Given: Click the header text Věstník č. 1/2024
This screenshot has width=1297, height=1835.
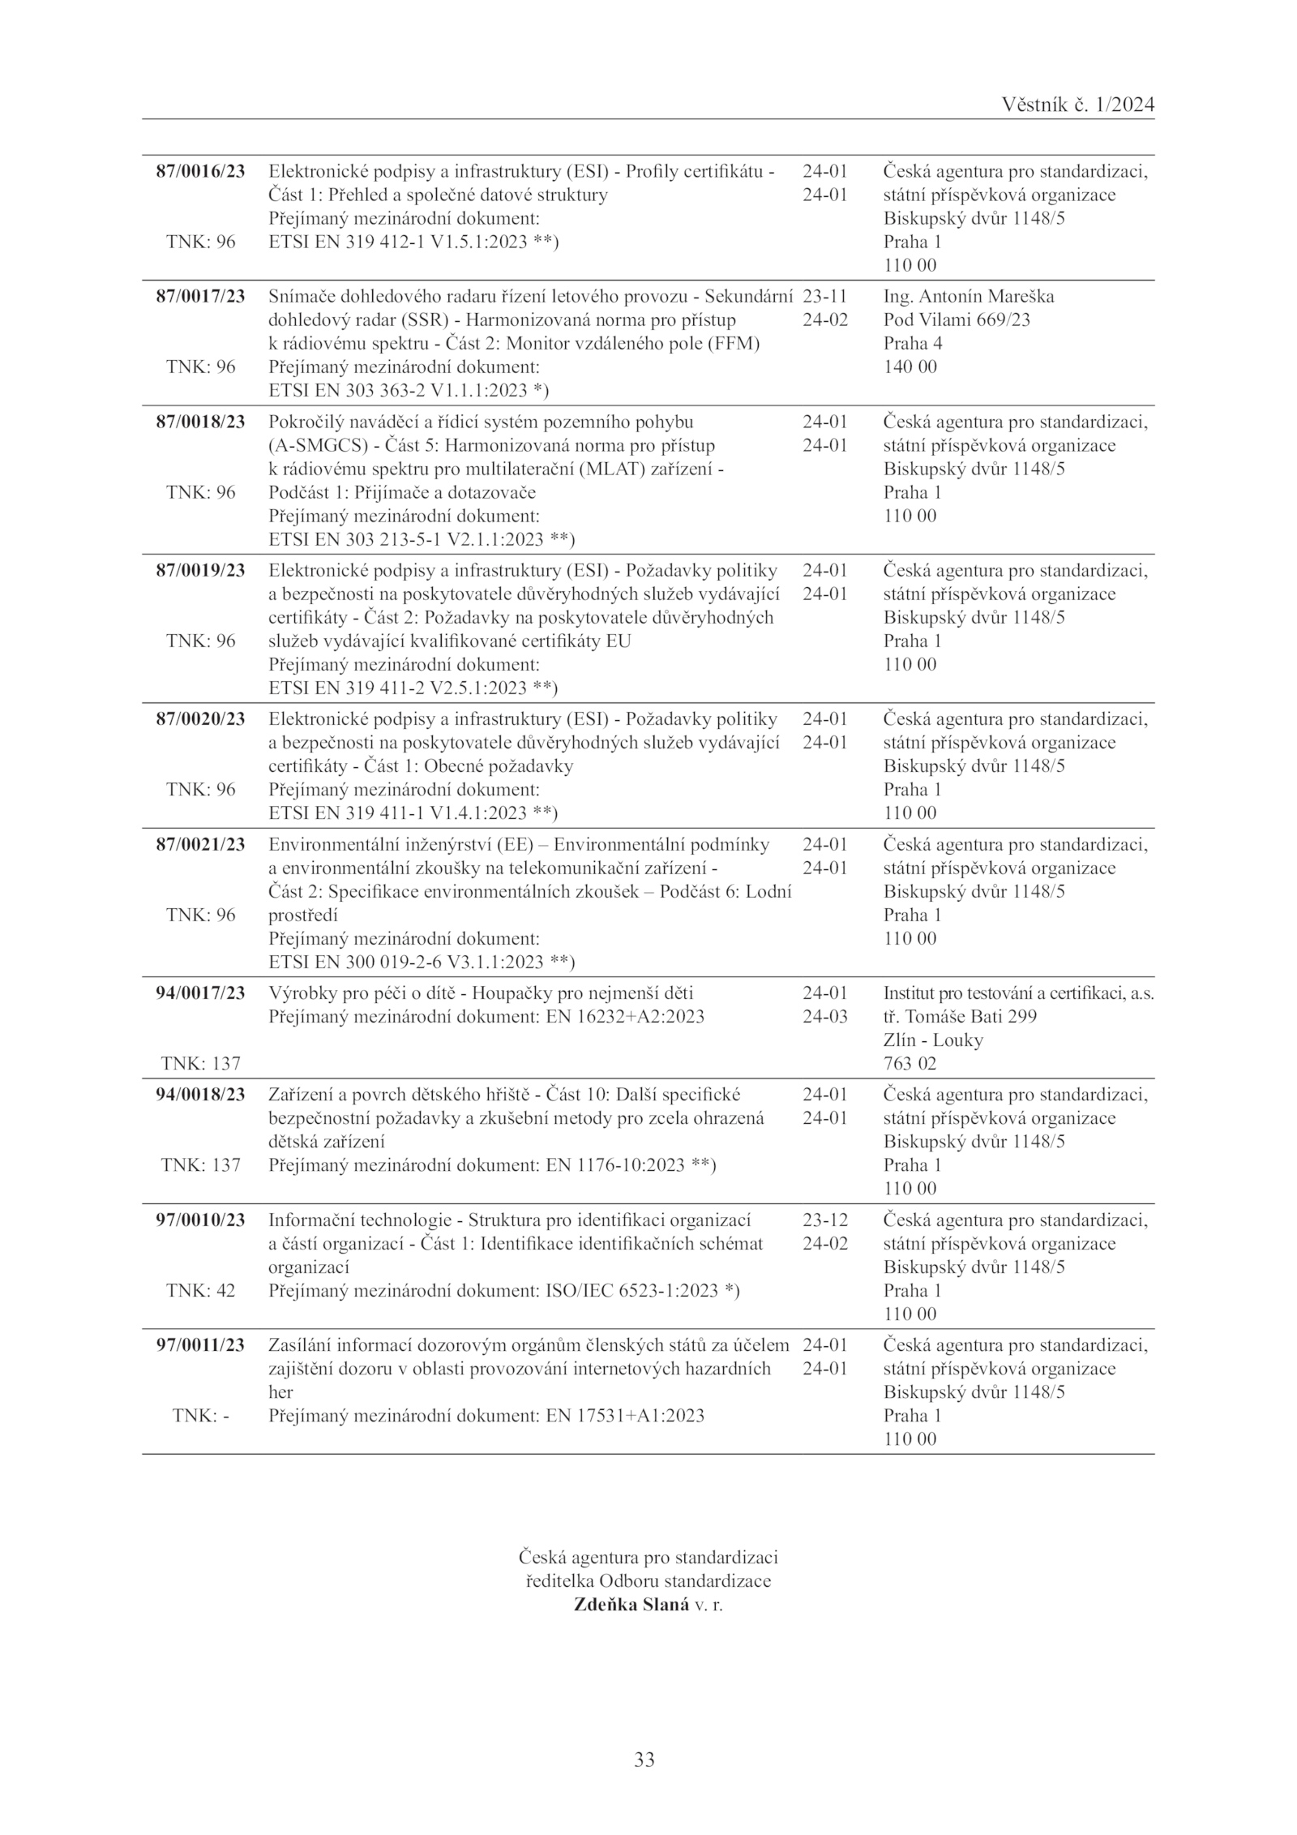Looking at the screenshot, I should coord(1077,105).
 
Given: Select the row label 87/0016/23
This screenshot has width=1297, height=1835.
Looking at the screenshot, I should coord(200,171).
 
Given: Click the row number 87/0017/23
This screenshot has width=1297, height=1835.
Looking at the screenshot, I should coord(200,296).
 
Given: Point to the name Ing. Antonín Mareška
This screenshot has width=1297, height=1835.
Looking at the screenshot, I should coord(969,296).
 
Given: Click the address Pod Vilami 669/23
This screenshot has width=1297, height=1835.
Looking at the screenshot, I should coord(957,319).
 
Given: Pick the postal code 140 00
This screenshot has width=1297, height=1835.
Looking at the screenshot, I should coord(910,367).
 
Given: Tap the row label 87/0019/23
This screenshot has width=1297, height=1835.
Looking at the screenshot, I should coord(200,570).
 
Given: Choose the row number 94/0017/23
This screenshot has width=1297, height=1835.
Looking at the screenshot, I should coord(200,993).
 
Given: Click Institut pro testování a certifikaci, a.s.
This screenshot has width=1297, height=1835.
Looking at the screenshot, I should coord(1018,993).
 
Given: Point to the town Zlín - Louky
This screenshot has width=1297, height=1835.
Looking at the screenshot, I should coord(933,1040).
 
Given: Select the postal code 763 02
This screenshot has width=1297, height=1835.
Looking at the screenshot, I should coord(910,1064).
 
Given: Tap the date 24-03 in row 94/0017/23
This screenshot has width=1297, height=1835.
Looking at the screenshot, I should coord(824,1017).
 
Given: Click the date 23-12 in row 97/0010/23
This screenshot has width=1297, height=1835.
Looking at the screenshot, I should coord(824,1220).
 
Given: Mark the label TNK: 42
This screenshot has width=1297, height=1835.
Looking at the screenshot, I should coord(200,1290).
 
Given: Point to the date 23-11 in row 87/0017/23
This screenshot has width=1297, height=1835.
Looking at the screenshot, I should coord(824,296).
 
